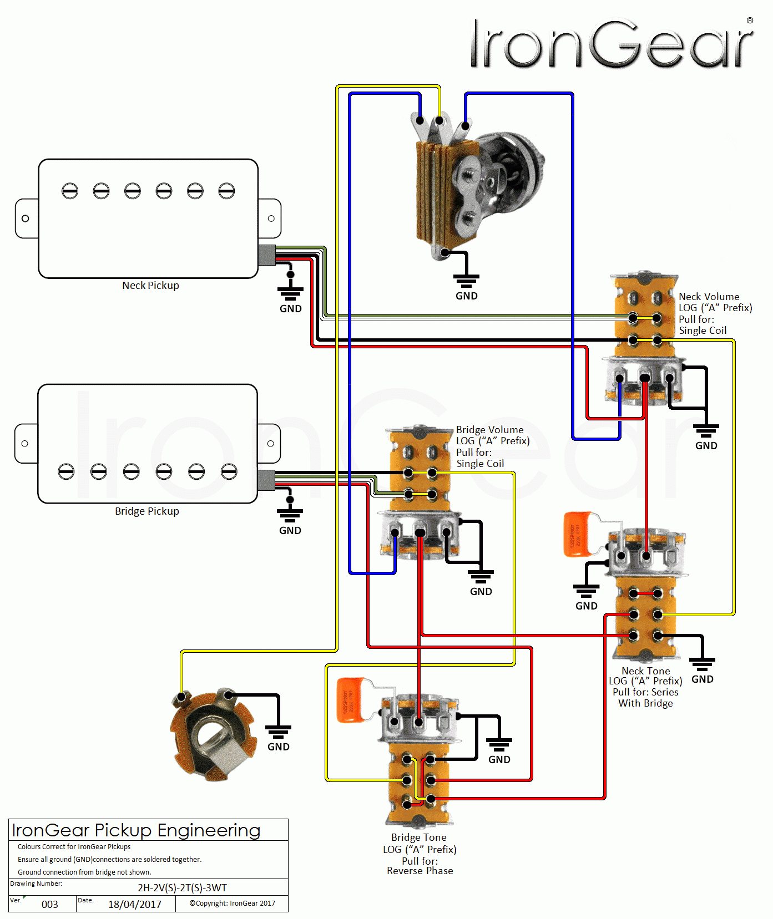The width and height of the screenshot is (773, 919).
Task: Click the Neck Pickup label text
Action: point(150,286)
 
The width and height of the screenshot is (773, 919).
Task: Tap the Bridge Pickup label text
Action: point(147,511)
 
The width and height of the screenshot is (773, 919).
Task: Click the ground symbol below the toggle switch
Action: point(466,280)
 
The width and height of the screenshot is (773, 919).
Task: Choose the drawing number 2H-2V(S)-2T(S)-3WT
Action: point(182,887)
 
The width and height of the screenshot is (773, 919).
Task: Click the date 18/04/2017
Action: point(135,905)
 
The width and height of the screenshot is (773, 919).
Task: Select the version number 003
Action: point(50,905)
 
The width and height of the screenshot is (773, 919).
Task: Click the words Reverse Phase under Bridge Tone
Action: point(420,871)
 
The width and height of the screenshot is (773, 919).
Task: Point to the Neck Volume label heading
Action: point(709,297)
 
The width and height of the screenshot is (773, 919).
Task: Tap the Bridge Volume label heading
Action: point(490,430)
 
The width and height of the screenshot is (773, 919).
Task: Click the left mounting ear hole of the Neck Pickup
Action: point(26,219)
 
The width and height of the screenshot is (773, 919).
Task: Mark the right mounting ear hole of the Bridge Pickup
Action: point(270,444)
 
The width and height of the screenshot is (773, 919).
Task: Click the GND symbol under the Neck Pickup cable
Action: point(290,293)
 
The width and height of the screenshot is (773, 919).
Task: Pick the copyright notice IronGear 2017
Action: point(232,903)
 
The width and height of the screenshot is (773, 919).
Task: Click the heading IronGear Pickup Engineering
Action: point(136,830)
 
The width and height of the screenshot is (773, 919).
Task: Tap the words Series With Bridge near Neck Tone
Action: point(645,698)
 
